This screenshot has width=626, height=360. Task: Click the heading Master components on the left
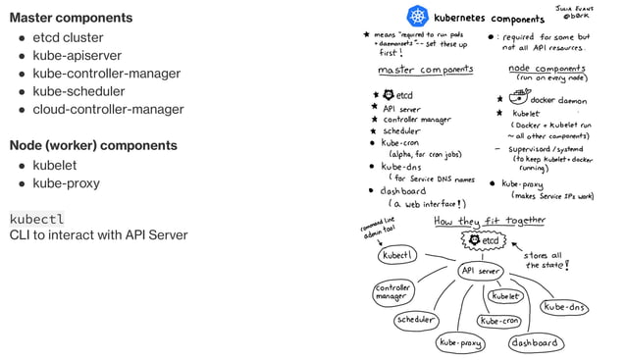[71, 18]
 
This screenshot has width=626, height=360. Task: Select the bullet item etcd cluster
[68, 37]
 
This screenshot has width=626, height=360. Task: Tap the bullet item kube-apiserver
[78, 56]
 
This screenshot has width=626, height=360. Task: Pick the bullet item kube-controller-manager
[106, 74]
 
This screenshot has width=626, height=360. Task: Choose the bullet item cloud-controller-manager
[108, 109]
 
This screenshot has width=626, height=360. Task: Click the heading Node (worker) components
[93, 145]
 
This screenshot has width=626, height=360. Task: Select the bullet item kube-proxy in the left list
[66, 183]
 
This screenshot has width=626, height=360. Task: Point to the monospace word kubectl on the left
[37, 218]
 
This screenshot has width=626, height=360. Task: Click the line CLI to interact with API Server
[98, 235]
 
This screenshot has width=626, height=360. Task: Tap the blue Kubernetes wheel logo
[419, 17]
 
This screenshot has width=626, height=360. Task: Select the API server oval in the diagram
[480, 271]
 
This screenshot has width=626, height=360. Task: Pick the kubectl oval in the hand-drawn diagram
[398, 255]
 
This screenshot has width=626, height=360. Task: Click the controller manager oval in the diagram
[392, 291]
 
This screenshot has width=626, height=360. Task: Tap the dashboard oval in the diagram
[534, 343]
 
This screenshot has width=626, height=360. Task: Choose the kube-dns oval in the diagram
[565, 307]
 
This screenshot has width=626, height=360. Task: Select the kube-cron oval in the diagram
[499, 321]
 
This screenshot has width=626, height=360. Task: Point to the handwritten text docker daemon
[559, 99]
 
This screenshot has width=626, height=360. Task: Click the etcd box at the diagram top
[482, 240]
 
